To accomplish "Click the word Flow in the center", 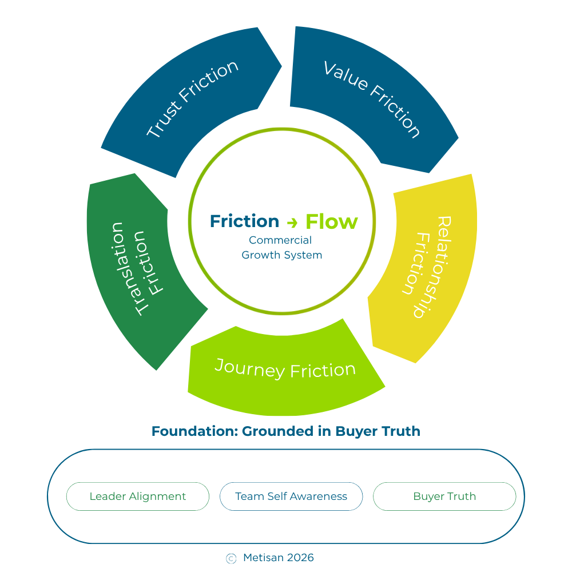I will coord(332,221).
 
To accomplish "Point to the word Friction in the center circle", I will coord(244,221).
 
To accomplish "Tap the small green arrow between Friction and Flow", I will coord(292,223).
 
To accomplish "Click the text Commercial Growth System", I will coord(281,248).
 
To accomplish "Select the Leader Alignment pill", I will coord(138,496).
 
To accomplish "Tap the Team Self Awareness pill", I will coord(291,496).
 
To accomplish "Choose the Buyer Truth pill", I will coord(444,496).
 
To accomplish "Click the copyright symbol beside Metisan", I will coord(231,559).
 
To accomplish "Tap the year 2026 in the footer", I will coord(300,558).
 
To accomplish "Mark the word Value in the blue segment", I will coord(345,76).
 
